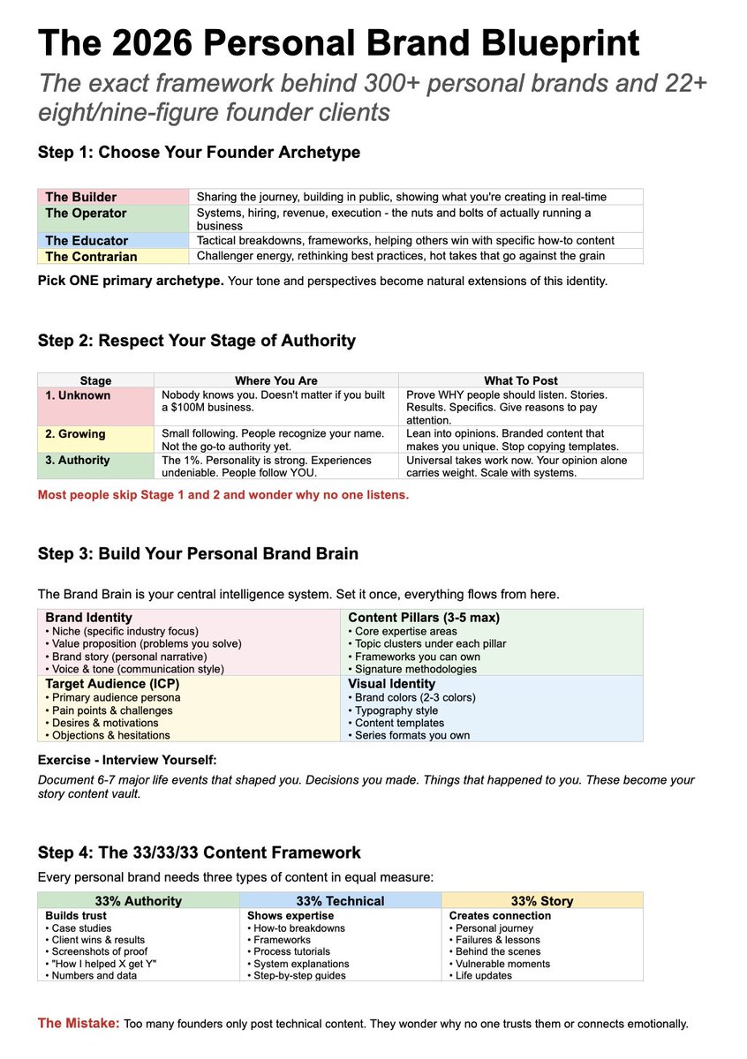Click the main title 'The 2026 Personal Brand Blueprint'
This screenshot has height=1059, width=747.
point(338,42)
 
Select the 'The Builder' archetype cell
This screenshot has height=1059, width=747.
point(81,197)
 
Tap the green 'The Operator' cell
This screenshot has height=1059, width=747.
point(86,213)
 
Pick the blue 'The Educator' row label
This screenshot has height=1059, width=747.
point(87,240)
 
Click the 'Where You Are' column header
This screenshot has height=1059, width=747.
point(275,380)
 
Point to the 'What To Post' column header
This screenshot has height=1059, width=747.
point(520,380)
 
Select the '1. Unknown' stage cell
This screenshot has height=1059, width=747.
point(78,395)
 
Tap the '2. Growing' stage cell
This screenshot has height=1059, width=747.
point(75,433)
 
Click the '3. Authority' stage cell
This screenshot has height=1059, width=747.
point(78,460)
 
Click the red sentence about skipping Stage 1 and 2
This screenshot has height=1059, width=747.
point(223,495)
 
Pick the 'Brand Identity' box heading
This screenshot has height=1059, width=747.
point(89,618)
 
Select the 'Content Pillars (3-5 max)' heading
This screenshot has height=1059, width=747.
point(424,618)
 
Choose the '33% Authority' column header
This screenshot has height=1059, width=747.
point(138,901)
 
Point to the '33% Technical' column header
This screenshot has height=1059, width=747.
point(340,901)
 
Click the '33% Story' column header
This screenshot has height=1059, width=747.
point(542,901)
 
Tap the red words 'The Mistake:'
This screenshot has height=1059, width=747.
point(78,1024)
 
